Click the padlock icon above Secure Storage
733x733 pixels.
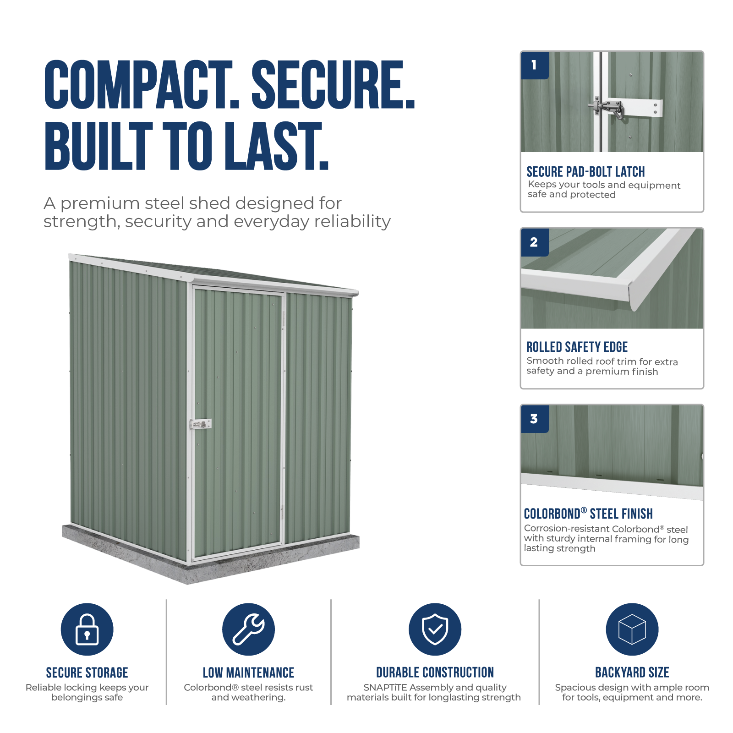pyautogui.click(x=87, y=629)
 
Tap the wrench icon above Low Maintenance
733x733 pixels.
pyautogui.click(x=248, y=629)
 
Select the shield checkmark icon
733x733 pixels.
pyautogui.click(x=435, y=629)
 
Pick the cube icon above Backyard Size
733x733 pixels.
pyautogui.click(x=632, y=629)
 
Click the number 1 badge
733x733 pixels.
pyautogui.click(x=535, y=66)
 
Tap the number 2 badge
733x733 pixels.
pyautogui.click(x=535, y=242)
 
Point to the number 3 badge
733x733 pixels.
pyautogui.click(x=535, y=419)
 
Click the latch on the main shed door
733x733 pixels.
pyautogui.click(x=201, y=424)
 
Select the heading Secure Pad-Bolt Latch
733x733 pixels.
pyautogui.click(x=585, y=172)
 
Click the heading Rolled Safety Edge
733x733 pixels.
pyautogui.click(x=577, y=347)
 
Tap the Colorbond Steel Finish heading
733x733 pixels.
pyautogui.click(x=588, y=514)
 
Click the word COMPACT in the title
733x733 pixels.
pyautogui.click(x=142, y=85)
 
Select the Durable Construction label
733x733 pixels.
pyautogui.click(x=435, y=673)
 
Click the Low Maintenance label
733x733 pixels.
pyautogui.click(x=248, y=673)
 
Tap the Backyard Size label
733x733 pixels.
pyautogui.click(x=632, y=673)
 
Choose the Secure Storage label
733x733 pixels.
pyautogui.click(x=87, y=673)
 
